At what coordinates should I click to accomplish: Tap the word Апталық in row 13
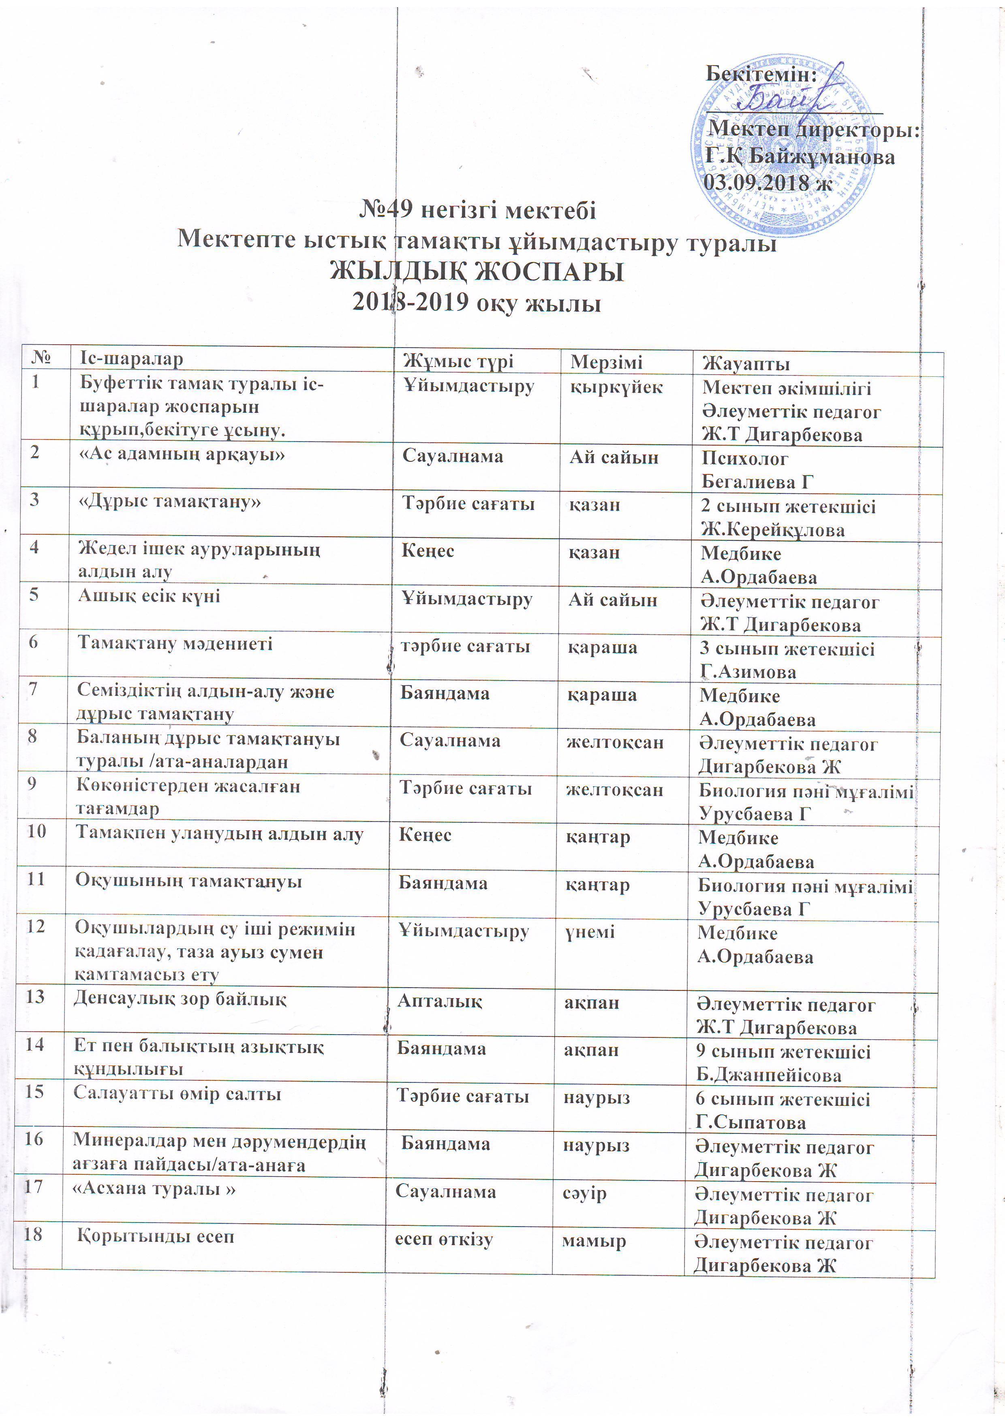[x=439, y=1001]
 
